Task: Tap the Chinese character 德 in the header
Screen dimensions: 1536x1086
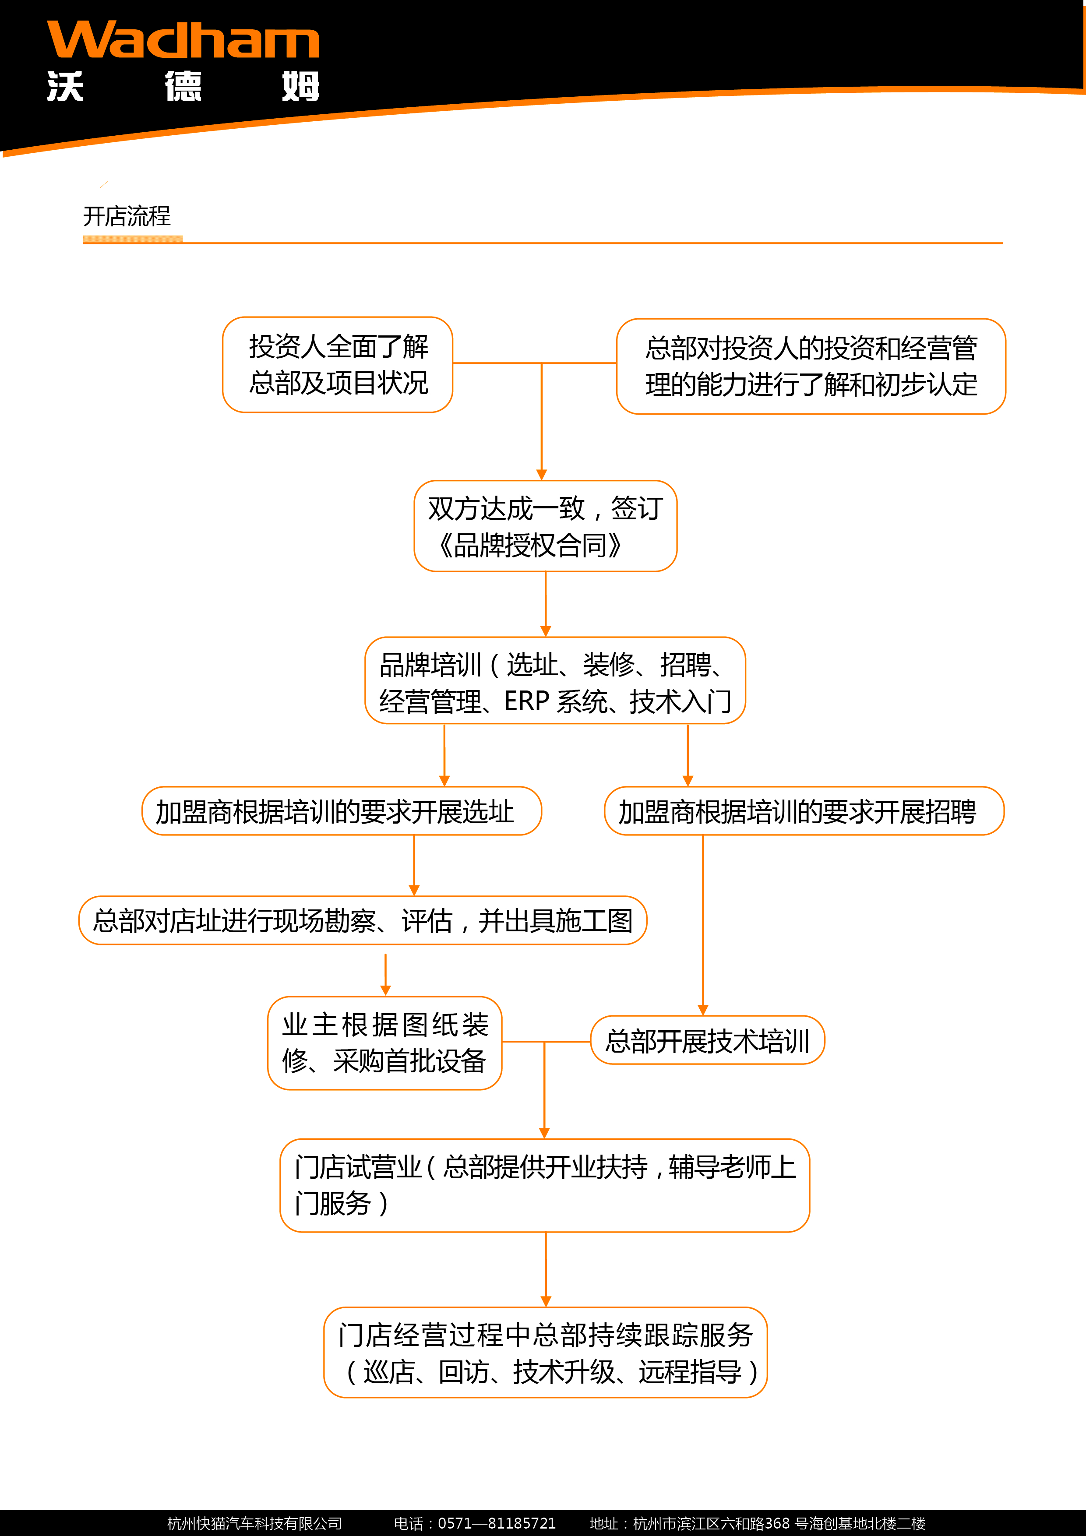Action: click(183, 86)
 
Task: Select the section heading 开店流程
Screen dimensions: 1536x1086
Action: click(127, 216)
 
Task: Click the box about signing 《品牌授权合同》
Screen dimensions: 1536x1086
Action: click(545, 526)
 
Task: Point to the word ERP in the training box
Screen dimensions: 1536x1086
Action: click(527, 701)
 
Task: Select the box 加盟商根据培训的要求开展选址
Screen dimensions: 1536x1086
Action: click(341, 811)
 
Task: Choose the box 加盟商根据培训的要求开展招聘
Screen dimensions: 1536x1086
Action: click(804, 811)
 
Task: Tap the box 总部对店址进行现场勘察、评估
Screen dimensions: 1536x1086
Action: click(363, 920)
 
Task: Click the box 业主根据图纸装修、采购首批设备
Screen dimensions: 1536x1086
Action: click(385, 1043)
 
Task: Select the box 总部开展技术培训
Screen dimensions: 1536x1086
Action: click(707, 1040)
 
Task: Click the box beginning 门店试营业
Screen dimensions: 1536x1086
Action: click(545, 1185)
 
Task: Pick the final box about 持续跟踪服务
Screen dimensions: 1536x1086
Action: click(545, 1353)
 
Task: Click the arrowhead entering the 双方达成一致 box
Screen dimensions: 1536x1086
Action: click(541, 474)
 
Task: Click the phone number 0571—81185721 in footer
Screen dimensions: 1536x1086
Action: click(497, 1523)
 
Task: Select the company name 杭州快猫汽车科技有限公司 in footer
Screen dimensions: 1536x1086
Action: click(254, 1523)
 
